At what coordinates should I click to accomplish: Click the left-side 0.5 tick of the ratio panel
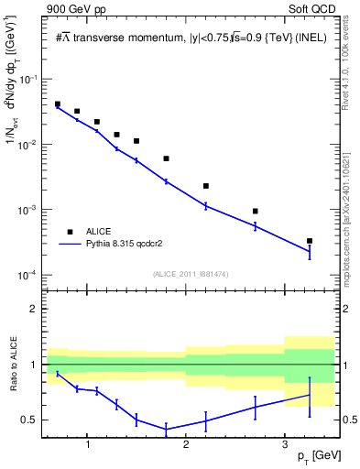[x=33, y=420]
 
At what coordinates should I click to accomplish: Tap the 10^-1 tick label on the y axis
[x=29, y=80]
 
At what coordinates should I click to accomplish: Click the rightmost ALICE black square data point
[x=310, y=241]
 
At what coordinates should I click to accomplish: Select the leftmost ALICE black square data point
[x=58, y=104]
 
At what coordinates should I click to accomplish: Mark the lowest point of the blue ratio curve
[x=166, y=429]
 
